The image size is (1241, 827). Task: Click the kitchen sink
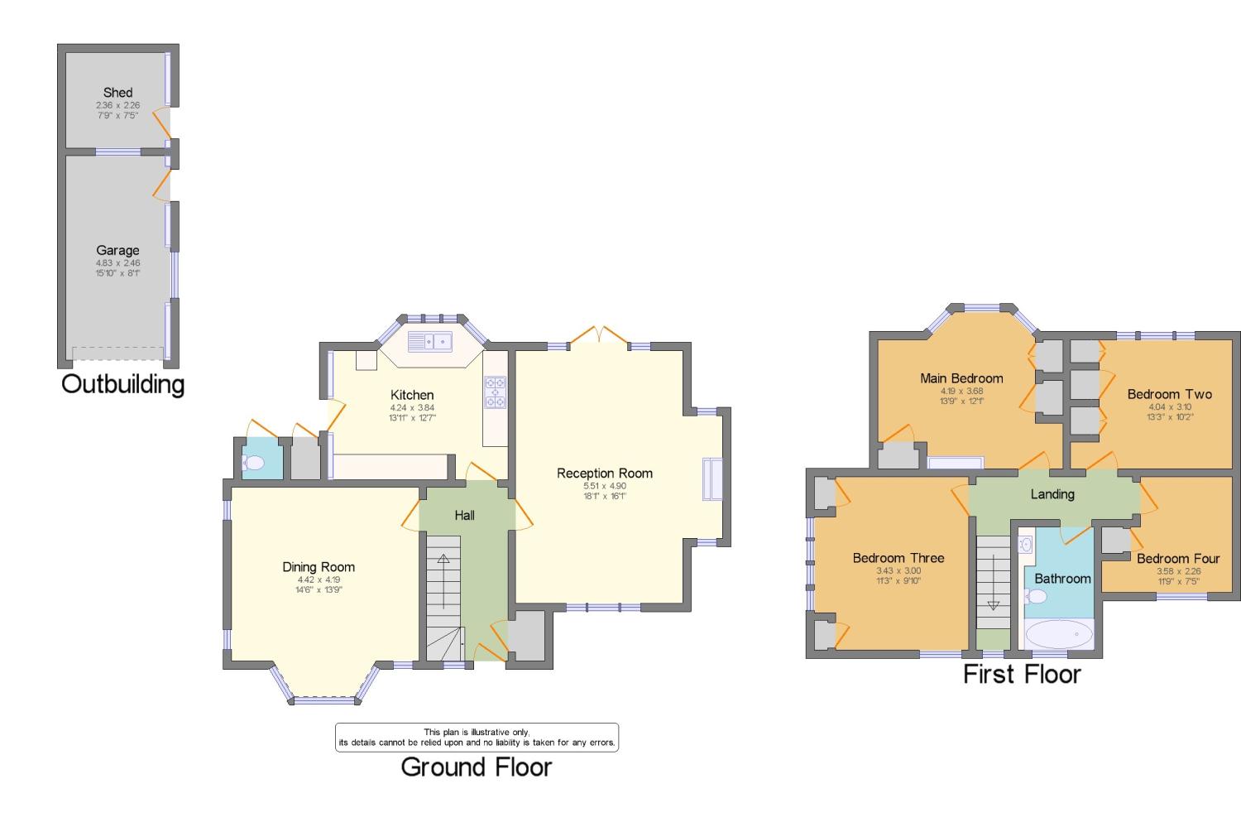point(429,340)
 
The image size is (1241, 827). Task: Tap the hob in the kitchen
point(496,392)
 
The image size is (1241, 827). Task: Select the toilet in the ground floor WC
point(252,464)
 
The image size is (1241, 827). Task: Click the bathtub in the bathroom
point(1059,635)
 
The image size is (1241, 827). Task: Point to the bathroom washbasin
point(1026,544)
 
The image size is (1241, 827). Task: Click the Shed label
point(117,93)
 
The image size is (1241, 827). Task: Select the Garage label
point(117,250)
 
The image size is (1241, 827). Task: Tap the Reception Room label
point(604,473)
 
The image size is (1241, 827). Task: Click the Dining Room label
point(319,567)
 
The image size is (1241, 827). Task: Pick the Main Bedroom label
point(961,378)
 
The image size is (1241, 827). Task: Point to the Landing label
point(1052,494)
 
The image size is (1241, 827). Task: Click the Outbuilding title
point(122,384)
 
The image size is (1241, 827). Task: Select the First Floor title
point(1022,674)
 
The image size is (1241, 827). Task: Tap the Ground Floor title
point(476,767)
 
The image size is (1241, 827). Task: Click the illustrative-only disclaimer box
point(477,737)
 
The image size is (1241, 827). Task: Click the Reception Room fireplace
point(712,479)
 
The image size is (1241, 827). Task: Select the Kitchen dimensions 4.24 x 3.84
point(412,407)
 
